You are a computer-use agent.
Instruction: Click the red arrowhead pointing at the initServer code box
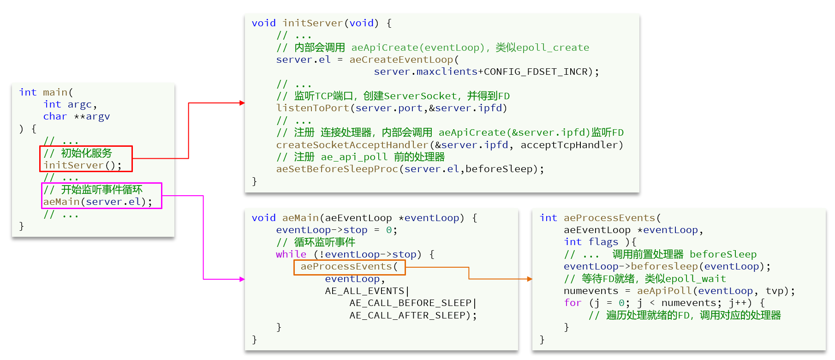pos(242,103)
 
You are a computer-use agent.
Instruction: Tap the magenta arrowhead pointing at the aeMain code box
pos(242,279)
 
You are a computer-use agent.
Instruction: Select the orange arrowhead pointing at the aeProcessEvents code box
pos(530,279)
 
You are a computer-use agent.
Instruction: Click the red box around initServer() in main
pos(86,159)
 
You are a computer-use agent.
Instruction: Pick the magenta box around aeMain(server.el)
pos(102,196)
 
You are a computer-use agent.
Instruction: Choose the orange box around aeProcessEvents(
pos(349,267)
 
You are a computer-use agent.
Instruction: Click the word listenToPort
pos(313,108)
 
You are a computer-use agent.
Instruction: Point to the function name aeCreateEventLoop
pos(401,60)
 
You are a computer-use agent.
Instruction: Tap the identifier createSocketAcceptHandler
pos(352,145)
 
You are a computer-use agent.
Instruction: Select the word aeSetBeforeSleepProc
pos(337,169)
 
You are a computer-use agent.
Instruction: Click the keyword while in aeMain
pos(291,254)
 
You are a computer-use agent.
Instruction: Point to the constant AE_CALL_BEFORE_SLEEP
pos(411,303)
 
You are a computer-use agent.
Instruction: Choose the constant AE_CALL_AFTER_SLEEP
pos(407,315)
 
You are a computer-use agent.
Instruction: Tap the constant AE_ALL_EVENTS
pos(364,291)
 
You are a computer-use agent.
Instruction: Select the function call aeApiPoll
pos(664,291)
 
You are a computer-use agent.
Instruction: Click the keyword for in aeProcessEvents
pos(573,303)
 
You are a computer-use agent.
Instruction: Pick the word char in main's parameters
pos(55,116)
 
